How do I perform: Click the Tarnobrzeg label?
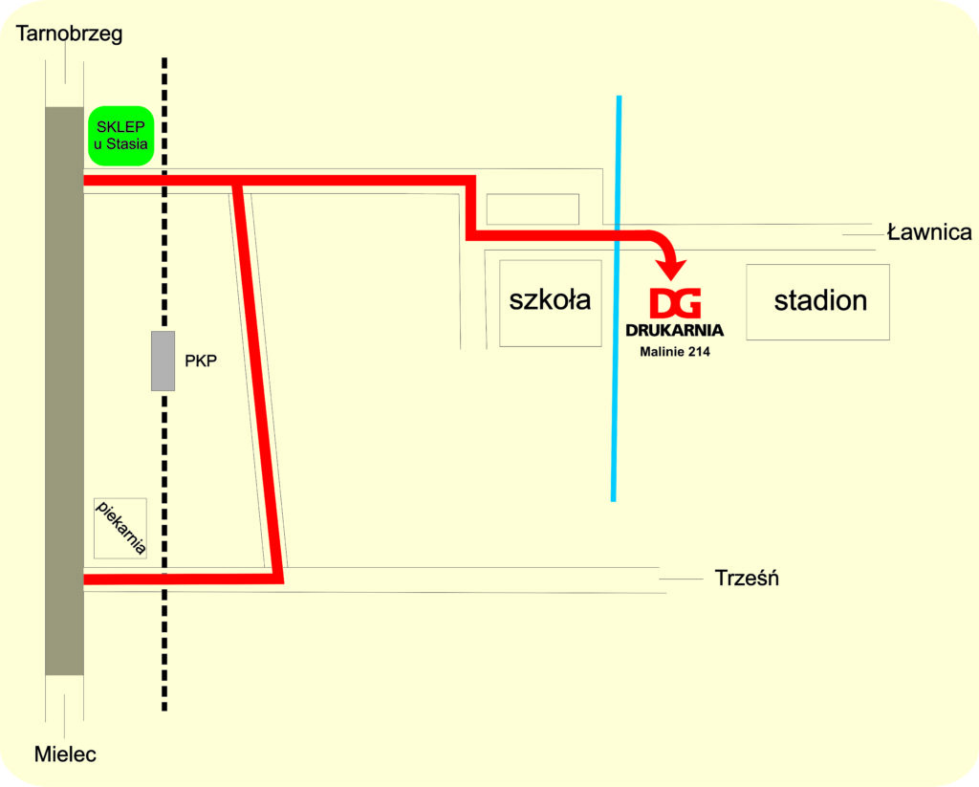click(69, 34)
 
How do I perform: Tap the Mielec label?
click(65, 754)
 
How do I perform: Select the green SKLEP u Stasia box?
click(121, 136)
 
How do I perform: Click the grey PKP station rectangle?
click(163, 361)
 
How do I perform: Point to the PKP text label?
click(201, 361)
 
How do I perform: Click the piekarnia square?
click(120, 529)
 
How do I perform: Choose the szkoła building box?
click(551, 303)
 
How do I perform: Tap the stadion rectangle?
click(818, 302)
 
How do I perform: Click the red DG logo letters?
click(676, 303)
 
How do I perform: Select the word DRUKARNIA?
click(674, 330)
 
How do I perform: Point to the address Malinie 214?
click(675, 352)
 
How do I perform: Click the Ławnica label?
click(929, 232)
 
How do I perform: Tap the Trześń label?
click(747, 578)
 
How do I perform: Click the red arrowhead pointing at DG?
click(672, 269)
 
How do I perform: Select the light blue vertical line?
click(617, 298)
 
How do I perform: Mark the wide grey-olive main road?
click(64, 390)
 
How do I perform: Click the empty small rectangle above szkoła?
click(533, 209)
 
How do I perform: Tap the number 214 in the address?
click(698, 352)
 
